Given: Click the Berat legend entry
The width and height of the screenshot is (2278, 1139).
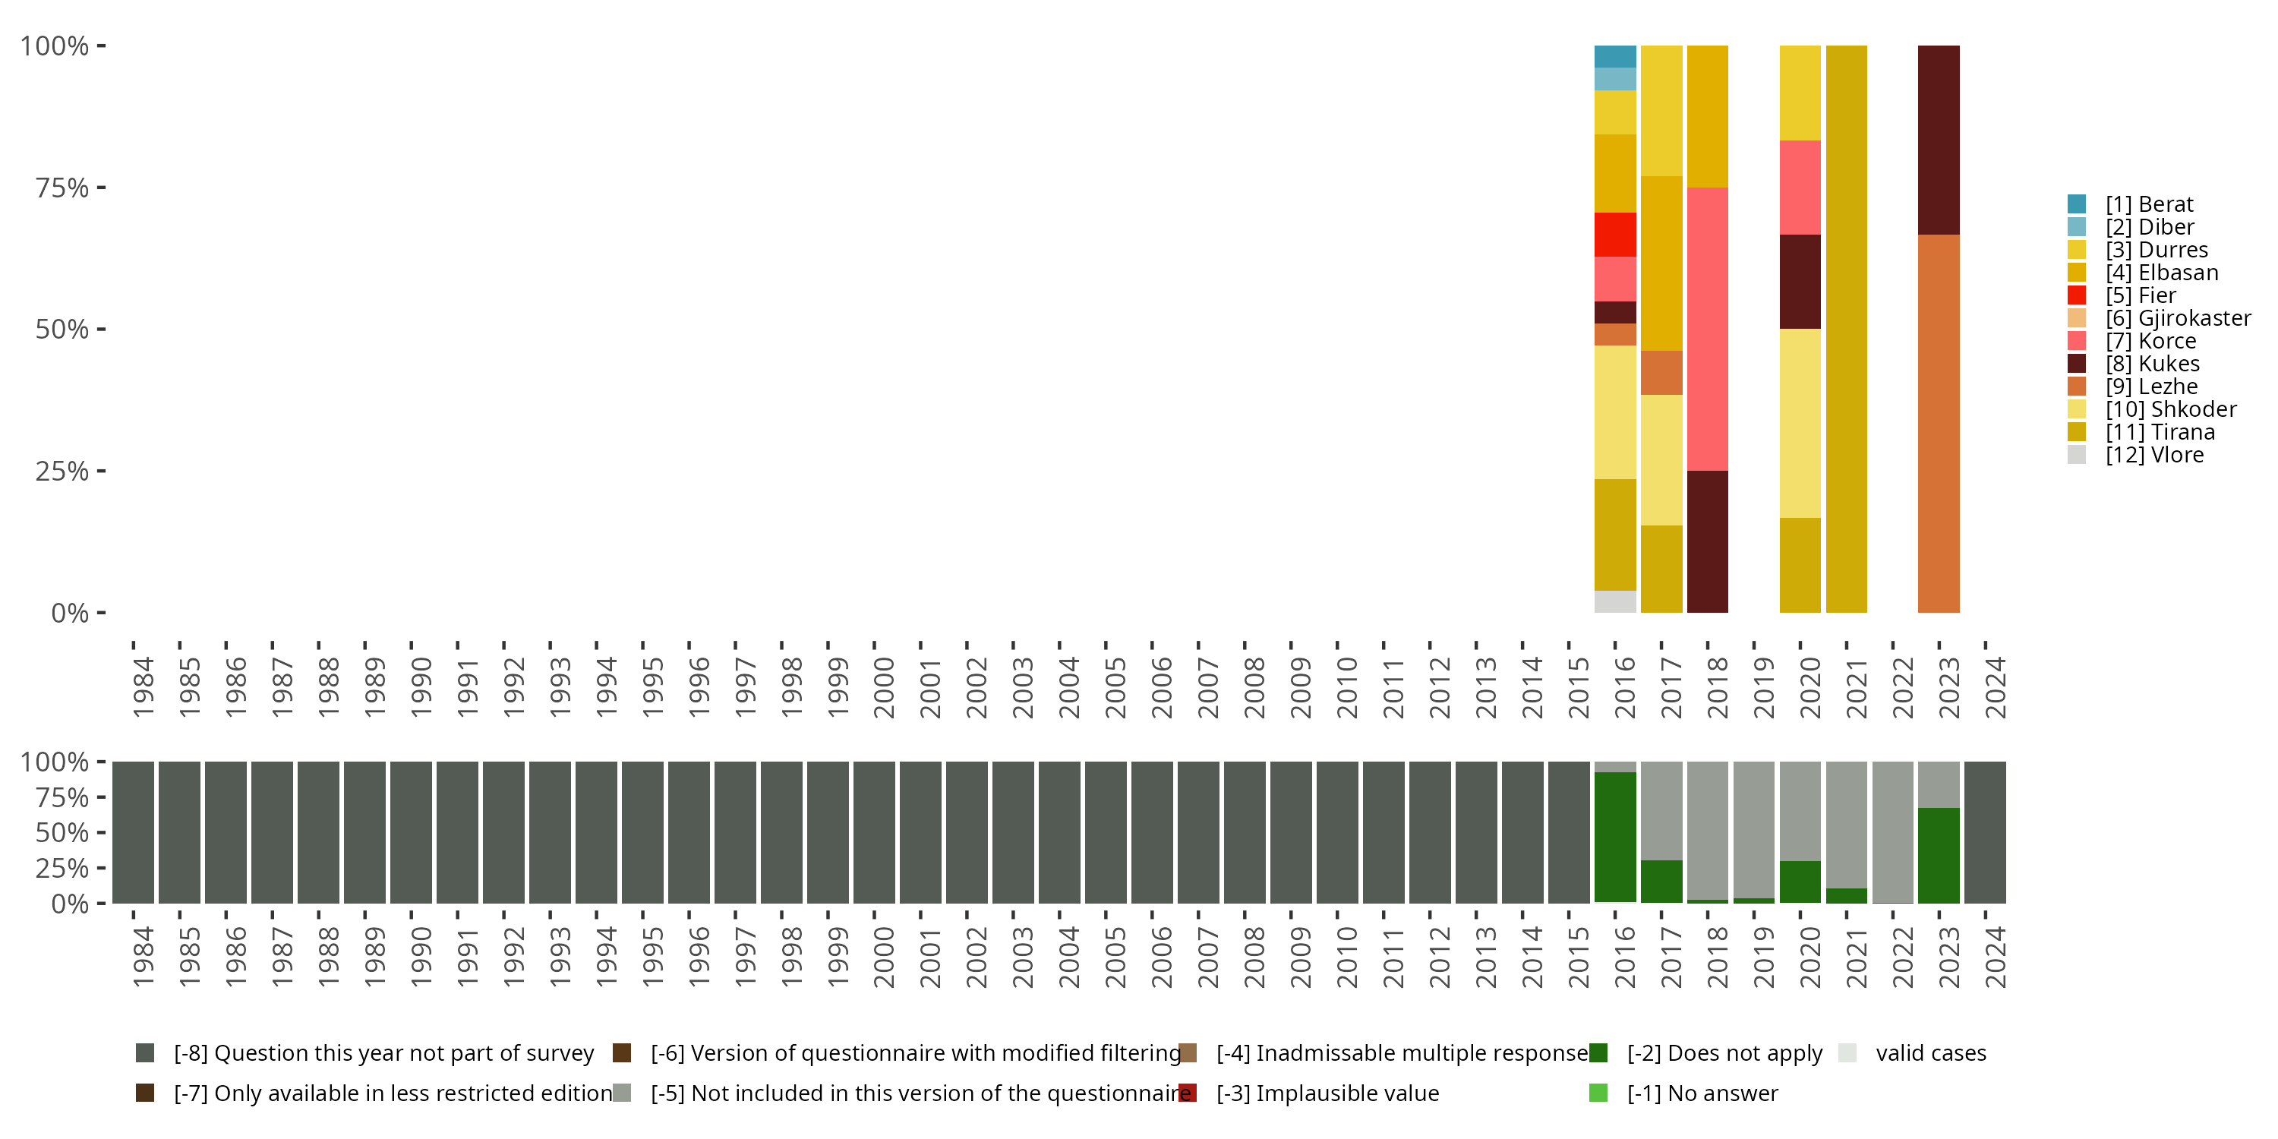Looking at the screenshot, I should pos(2148,204).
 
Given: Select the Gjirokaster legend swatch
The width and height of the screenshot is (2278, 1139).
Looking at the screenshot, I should pos(2076,318).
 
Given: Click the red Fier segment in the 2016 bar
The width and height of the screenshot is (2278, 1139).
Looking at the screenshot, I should pos(1615,235).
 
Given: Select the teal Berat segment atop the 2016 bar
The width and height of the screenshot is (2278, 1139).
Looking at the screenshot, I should pos(1615,57).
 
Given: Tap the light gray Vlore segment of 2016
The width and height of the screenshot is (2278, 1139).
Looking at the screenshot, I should pos(1615,601).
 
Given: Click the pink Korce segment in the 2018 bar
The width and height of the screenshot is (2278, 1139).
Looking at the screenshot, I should pos(1708,329).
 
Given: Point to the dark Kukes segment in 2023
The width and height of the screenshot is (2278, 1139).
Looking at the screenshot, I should pos(1939,140).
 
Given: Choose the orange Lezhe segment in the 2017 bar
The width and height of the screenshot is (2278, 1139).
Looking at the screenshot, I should pos(1661,372).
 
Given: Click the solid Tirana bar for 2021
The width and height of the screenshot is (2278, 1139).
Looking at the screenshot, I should pos(1847,329).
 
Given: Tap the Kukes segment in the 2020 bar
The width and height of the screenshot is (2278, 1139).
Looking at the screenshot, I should pos(1800,281).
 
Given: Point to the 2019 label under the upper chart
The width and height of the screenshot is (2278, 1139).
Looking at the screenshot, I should pos(1763,688).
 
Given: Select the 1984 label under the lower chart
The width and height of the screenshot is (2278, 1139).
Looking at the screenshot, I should pos(143,958).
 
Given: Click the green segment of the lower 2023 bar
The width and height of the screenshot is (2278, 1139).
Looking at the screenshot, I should pos(1939,855).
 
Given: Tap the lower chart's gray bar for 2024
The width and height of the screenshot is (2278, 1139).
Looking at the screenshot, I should pos(1986,832).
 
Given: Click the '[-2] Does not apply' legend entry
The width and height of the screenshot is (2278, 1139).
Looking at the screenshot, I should pos(1724,1053).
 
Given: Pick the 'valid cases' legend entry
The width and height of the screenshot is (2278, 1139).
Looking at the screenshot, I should pos(1929,1053).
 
